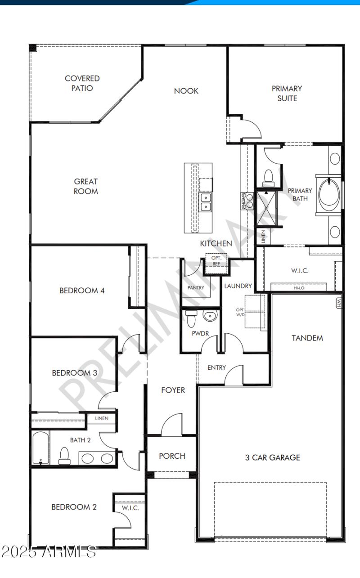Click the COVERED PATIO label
pos(82,83)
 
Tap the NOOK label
pos(186,91)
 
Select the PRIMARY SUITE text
pos(287,93)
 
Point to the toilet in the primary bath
pos(268,177)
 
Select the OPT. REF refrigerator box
pos(216,261)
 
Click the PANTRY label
pos(196,287)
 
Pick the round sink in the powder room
pos(210,316)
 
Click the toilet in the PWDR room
pos(191,318)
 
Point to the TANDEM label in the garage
pos(307,338)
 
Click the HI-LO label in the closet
pos(299,287)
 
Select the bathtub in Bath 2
pos(40,448)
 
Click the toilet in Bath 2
pos(64,455)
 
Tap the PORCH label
pos(172,456)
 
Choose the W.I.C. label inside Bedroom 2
pos(130,508)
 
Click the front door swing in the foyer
pos(172,425)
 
